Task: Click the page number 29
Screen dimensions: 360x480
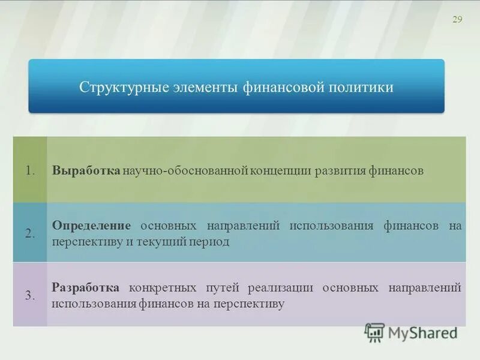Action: point(457,20)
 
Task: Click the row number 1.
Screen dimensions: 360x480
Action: point(31,170)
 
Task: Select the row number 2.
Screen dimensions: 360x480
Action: point(31,234)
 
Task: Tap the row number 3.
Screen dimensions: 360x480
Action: point(31,295)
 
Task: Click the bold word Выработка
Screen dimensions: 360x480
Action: point(86,170)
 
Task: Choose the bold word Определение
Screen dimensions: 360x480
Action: point(91,226)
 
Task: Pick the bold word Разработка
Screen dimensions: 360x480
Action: point(85,288)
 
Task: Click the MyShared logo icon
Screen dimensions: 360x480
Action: point(374,332)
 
